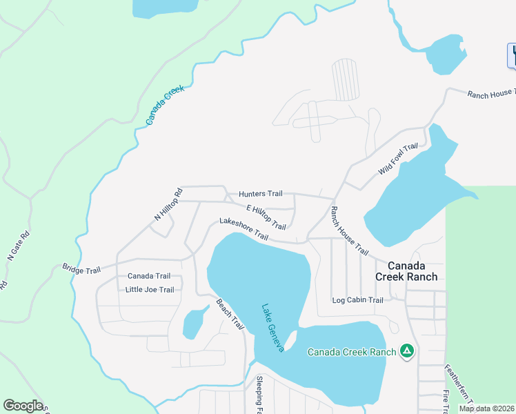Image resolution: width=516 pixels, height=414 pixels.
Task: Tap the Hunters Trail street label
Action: [261, 195]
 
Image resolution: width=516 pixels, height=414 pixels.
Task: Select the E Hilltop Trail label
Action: [266, 217]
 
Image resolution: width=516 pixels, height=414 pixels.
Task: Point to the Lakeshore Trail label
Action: [244, 229]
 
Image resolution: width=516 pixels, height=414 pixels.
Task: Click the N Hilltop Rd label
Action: [167, 205]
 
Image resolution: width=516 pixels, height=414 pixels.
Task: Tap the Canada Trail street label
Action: [148, 276]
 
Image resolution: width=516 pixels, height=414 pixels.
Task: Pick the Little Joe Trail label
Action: [150, 290]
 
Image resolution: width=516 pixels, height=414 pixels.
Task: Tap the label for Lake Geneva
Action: [272, 328]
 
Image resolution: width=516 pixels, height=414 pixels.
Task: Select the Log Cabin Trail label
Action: [357, 300]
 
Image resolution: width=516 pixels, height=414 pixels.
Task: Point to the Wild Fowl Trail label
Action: [399, 159]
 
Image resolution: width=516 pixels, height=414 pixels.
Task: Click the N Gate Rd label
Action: [19, 245]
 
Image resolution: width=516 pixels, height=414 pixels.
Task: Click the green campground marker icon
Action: [408, 352]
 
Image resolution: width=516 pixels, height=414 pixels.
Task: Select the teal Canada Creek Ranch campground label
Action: [352, 352]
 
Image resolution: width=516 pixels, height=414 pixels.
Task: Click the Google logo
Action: [23, 406]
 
